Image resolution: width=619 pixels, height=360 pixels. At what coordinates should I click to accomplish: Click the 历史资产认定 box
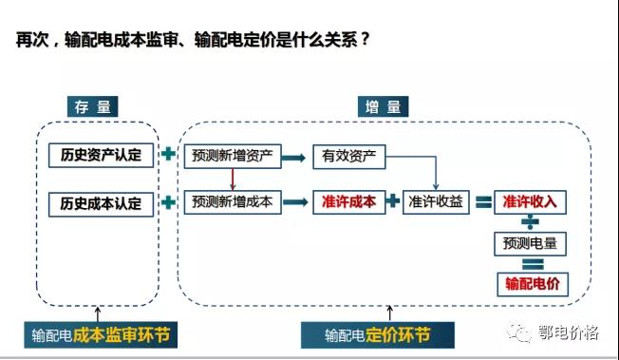[x=101, y=155]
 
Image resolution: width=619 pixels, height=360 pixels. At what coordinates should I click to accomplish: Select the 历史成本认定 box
[x=101, y=202]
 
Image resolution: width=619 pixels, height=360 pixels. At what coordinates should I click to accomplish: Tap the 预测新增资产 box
[x=233, y=155]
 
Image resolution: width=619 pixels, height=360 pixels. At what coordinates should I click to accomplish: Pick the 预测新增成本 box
[x=233, y=202]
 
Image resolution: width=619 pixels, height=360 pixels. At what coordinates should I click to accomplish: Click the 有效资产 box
[x=349, y=156]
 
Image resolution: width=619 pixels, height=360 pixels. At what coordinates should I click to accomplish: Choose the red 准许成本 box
[x=348, y=202]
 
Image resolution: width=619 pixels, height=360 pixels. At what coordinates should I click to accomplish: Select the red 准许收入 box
[x=530, y=202]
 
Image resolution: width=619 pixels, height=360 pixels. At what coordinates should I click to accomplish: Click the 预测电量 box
[x=530, y=243]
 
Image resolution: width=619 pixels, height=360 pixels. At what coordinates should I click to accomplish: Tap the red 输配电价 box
[x=530, y=283]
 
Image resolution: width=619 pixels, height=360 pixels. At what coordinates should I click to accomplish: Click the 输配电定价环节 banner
[x=377, y=334]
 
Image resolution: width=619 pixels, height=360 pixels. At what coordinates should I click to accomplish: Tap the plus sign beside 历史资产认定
[x=169, y=155]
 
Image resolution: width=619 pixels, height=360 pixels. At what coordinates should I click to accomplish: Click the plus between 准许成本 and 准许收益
[x=392, y=202]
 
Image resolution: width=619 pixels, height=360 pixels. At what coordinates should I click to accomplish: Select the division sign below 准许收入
[x=530, y=222]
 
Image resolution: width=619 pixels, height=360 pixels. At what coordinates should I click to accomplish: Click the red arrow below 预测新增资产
[x=232, y=179]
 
